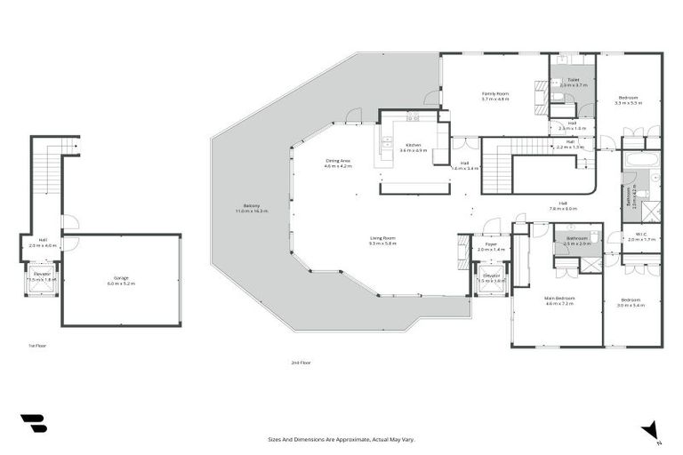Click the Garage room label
click(x=121, y=281)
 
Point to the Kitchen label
click(x=414, y=148)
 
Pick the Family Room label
click(x=495, y=96)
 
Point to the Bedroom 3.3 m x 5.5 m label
click(x=628, y=100)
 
